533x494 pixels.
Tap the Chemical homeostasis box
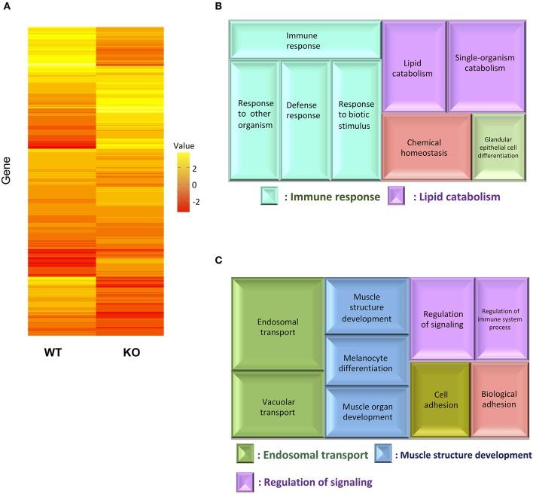click(x=425, y=148)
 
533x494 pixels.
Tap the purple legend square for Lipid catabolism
click(x=397, y=197)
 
